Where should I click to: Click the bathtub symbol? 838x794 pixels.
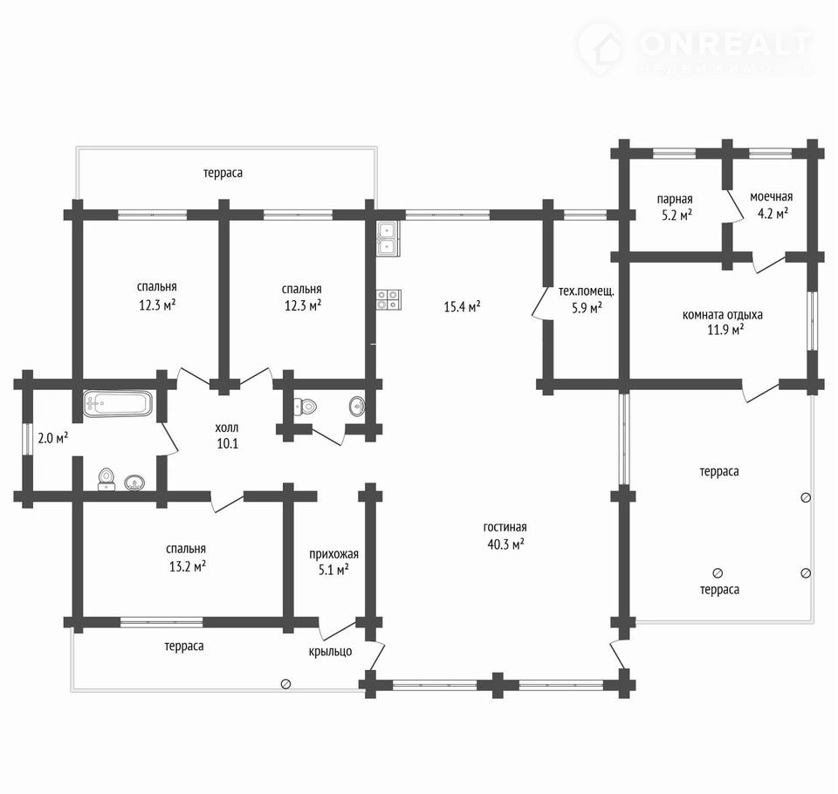[118, 403]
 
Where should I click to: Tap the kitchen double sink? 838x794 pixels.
[388, 238]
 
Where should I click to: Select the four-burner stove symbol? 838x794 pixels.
[388, 299]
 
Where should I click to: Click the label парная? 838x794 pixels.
[675, 199]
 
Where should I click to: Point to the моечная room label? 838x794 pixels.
[771, 196]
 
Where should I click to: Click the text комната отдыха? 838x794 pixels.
[722, 315]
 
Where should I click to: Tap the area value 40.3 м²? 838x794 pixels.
[505, 544]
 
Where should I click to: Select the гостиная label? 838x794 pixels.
[505, 527]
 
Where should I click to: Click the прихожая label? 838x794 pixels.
[333, 554]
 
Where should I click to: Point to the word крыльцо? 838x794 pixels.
[330, 652]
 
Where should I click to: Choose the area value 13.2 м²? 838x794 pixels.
[188, 566]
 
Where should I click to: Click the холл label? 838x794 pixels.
[227, 428]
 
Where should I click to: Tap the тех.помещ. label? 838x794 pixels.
[587, 291]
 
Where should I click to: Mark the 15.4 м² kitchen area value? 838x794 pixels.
[462, 307]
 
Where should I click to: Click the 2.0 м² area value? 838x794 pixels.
[53, 439]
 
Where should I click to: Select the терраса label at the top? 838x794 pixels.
[223, 173]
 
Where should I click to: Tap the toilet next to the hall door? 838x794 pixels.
[306, 407]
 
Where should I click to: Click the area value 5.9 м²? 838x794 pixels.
[587, 308]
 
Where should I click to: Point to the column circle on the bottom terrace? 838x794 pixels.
[286, 684]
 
